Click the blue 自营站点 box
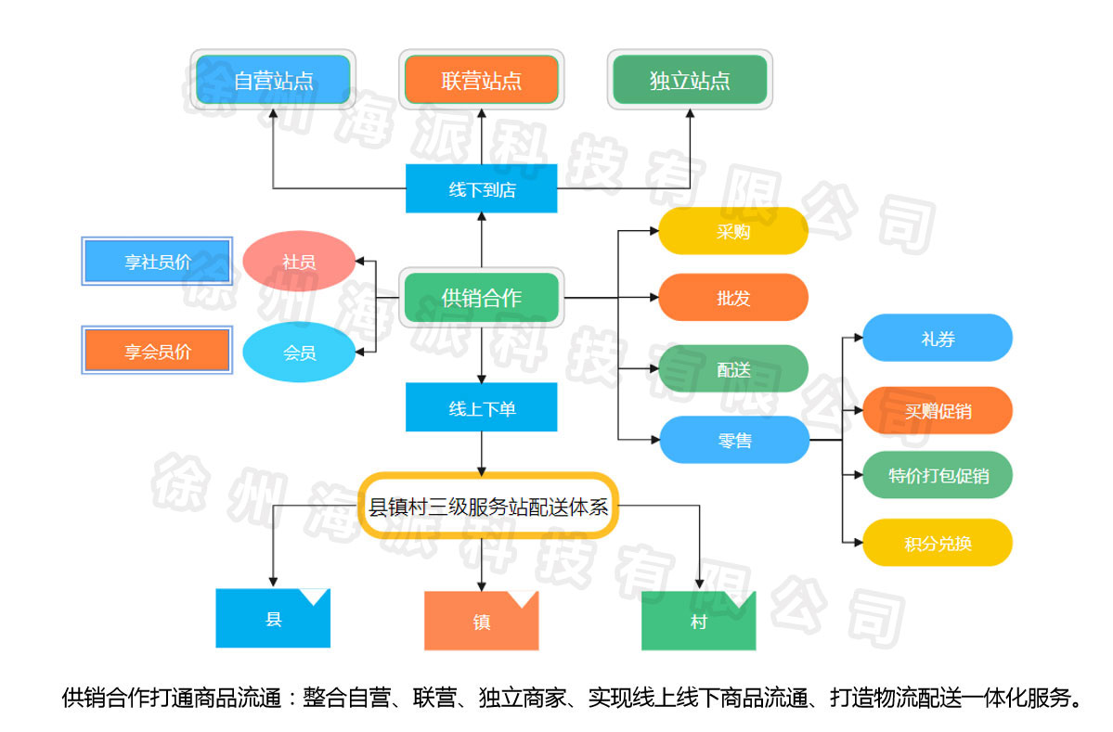(273, 80)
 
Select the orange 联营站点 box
(481, 80)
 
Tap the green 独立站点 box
(690, 80)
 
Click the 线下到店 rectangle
(481, 188)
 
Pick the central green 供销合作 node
(481, 298)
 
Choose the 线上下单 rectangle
(481, 407)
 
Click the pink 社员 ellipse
(299, 262)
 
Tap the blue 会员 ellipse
(299, 353)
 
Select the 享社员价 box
(157, 262)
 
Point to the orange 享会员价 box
(157, 351)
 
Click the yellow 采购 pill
(733, 231)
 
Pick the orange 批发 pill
(733, 298)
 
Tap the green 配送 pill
(733, 368)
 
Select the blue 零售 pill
(733, 440)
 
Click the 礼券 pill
(937, 339)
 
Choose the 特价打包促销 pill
(937, 475)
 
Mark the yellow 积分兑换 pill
(937, 543)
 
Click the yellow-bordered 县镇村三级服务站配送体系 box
(488, 506)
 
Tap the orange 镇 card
(481, 621)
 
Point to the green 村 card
(698, 621)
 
